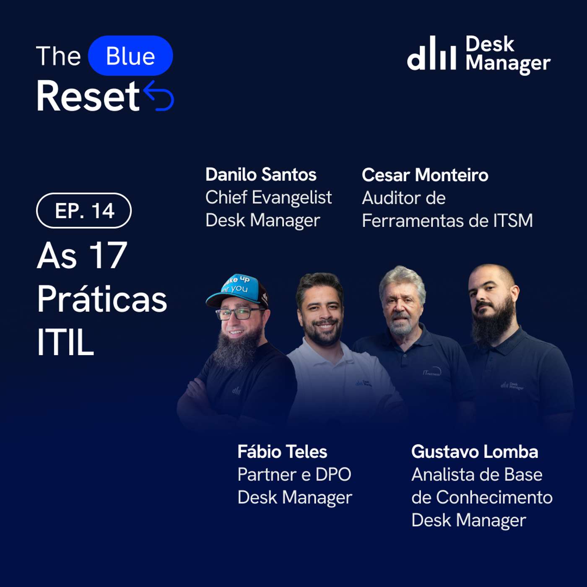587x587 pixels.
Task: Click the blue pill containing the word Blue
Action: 130,55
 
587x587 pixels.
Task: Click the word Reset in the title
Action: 88,96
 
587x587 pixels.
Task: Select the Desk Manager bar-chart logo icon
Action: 431,53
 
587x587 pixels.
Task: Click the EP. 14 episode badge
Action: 84,210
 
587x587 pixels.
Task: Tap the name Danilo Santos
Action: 261,174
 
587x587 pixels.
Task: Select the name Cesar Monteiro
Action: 425,175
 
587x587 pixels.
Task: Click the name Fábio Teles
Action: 282,452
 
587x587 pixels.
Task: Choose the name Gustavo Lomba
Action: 475,452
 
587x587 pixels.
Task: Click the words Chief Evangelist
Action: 268,197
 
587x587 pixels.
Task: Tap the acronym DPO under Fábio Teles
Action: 333,475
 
